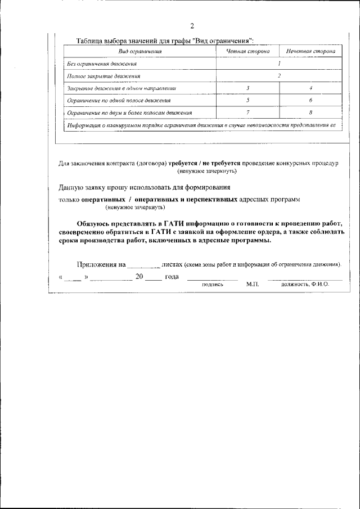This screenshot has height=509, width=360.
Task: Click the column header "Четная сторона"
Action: (x=247, y=51)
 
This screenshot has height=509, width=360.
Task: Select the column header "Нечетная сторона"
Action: (x=310, y=51)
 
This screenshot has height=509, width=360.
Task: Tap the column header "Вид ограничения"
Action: (x=139, y=51)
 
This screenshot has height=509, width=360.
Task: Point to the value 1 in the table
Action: (x=279, y=64)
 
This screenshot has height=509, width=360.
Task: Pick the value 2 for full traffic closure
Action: (x=279, y=75)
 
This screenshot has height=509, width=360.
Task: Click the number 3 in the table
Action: (x=247, y=88)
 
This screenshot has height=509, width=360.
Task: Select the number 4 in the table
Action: (x=310, y=88)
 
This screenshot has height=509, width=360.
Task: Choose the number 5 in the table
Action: (x=247, y=100)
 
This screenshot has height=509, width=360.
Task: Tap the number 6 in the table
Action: (x=310, y=100)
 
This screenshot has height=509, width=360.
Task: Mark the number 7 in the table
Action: (x=247, y=112)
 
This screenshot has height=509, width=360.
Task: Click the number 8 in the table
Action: (x=310, y=112)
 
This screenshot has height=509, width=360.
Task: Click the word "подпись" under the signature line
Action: (x=213, y=285)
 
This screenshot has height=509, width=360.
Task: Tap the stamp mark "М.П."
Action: (x=251, y=285)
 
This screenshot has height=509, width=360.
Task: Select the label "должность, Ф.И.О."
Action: (x=305, y=285)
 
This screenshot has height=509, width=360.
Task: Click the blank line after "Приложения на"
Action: (x=143, y=264)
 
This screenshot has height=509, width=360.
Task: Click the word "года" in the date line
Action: (x=172, y=277)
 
